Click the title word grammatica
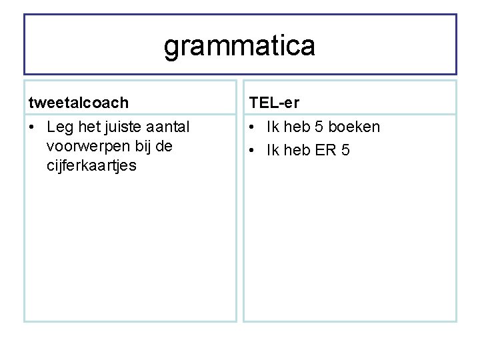point(239,46)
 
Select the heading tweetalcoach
point(79,102)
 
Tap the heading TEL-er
point(274,102)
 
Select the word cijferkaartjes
point(91,165)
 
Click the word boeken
point(354,127)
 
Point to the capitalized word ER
point(325,150)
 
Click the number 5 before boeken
point(319,127)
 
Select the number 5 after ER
point(345,150)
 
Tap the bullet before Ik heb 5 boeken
point(253,127)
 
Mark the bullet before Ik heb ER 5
point(253,151)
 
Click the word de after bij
point(164,146)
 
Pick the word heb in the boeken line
point(297,127)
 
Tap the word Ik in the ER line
point(273,150)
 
